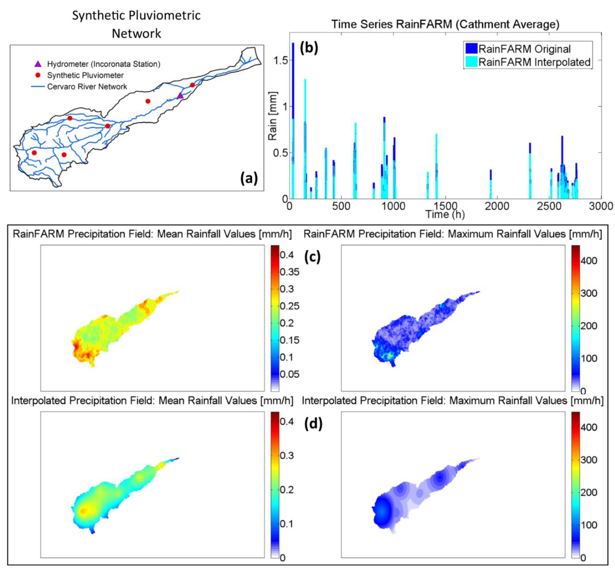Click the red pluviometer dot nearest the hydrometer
pyautogui.click(x=192, y=85)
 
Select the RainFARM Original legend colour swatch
pyautogui.click(x=471, y=49)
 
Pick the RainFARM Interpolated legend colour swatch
pyautogui.click(x=471, y=62)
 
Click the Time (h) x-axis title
pyautogui.click(x=445, y=214)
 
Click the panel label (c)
pyautogui.click(x=312, y=256)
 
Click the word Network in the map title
pyautogui.click(x=136, y=33)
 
